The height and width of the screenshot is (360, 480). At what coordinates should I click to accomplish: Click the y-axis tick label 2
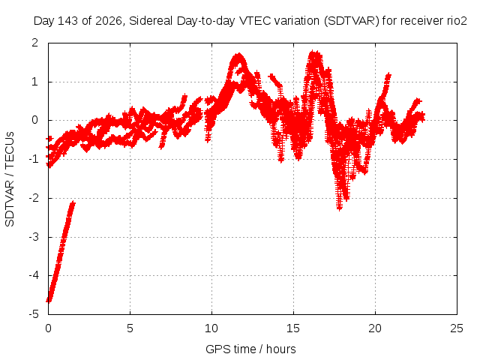35,43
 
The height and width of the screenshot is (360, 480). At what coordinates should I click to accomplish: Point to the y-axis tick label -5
34,314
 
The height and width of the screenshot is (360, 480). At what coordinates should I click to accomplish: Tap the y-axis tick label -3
34,237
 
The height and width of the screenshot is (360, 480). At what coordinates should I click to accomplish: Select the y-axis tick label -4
34,275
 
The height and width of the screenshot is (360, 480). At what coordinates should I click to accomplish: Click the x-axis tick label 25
457,328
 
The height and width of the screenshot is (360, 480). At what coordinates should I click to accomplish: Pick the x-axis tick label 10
211,328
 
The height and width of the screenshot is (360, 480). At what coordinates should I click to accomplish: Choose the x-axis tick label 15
293,328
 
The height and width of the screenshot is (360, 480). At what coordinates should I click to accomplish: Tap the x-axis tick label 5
130,328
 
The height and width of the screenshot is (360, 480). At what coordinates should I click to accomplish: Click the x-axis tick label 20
375,328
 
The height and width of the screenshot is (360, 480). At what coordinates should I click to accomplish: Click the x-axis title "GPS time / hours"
250,349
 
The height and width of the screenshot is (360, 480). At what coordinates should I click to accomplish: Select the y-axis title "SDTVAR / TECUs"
10,179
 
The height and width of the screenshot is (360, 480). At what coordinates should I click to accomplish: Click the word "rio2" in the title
457,21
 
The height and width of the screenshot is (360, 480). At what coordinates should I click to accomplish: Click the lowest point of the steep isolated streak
48,301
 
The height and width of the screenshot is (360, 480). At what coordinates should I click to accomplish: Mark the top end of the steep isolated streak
73,202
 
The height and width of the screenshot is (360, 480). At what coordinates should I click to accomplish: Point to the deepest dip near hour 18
339,208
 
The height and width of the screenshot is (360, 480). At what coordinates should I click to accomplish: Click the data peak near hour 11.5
238,55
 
